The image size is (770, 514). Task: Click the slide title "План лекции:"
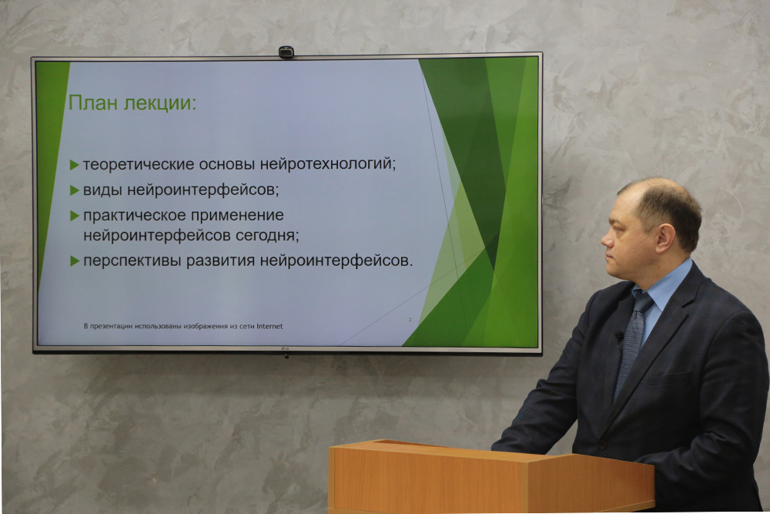[132, 103]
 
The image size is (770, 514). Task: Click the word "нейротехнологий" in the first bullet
[327, 163]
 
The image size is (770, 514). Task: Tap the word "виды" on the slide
[102, 190]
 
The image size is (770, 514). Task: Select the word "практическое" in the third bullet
[133, 215]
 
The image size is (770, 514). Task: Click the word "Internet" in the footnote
[269, 326]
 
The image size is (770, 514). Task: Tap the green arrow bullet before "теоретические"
[75, 165]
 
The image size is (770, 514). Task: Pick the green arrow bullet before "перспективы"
[75, 261]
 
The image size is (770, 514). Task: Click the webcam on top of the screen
[286, 52]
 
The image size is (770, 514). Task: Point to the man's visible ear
[666, 238]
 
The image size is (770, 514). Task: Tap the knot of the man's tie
[643, 303]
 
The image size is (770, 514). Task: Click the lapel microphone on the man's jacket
[619, 337]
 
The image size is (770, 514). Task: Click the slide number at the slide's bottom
[410, 320]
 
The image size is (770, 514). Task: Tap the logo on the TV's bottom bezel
[285, 349]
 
